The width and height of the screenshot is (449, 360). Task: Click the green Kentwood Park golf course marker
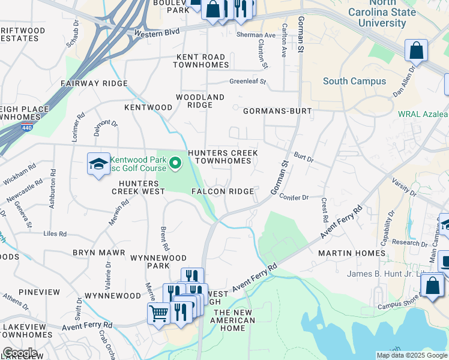(175, 163)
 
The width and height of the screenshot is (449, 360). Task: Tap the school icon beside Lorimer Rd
(98, 164)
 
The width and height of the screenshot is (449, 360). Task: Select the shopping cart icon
(158, 313)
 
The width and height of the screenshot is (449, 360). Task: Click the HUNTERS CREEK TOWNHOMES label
(223, 157)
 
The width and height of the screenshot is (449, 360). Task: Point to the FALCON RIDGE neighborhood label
(222, 191)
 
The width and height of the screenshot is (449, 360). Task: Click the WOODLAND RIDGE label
(200, 101)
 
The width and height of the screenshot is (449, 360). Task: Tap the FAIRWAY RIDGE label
(94, 83)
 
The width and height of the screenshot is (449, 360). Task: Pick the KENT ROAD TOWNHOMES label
(200, 61)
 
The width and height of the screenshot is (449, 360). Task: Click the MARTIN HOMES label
(352, 253)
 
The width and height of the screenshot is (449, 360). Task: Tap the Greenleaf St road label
(247, 82)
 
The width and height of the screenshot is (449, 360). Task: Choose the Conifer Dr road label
(294, 197)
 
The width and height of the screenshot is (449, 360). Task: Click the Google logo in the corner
(20, 353)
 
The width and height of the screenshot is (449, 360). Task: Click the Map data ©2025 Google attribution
(411, 355)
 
